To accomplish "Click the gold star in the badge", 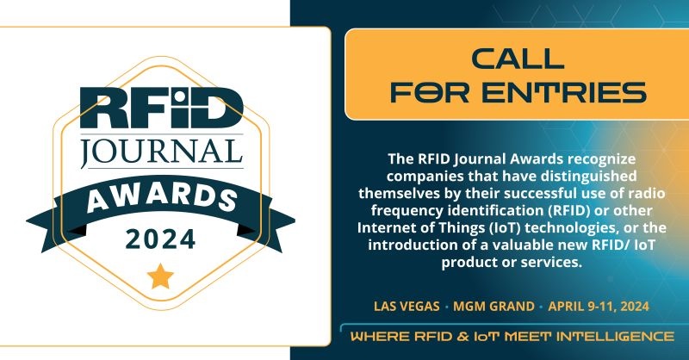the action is coord(160,276).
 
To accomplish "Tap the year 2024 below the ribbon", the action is coord(160,239).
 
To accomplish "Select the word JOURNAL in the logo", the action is coord(162,152).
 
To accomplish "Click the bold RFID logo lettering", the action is coord(161,108).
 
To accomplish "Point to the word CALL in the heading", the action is coord(518,59).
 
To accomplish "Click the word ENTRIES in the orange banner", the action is coord(565,92).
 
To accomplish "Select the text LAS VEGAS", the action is coord(407,306).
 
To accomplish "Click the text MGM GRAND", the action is coord(493,306).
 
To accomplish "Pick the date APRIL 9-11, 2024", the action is coord(599,306).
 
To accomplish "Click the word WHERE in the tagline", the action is coord(380,337).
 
